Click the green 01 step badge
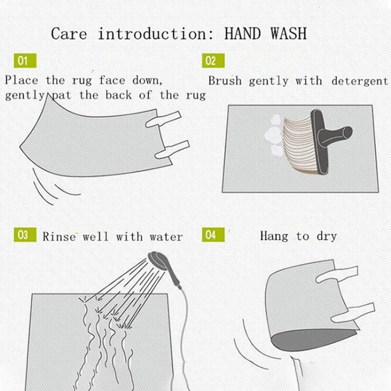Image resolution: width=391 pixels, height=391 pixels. pos(25,60)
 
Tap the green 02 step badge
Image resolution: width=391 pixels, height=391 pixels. pos(213,60)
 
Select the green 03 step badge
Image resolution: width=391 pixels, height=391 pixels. pos(25,235)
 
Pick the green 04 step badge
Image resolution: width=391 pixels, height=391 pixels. pos(213,235)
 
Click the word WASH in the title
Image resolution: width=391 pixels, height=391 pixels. pos(289,33)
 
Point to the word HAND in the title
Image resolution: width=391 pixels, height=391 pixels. pos(242,33)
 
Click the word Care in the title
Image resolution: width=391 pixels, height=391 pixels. pos(69,34)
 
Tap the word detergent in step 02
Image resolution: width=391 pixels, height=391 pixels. pos(360,81)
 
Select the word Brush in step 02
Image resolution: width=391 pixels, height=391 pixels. pos(225,80)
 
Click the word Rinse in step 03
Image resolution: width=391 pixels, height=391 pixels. pos(59,236)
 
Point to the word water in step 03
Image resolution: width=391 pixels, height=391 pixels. pos(166,237)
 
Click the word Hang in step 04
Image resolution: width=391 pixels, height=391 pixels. pos(274,236)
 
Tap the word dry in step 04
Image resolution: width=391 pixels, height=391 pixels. pos(327,236)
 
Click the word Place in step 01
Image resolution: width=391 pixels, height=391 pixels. pos(21,80)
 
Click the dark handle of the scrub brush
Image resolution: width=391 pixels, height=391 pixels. pos(329,140)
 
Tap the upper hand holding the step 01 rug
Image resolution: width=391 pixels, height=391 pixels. pos(163,119)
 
